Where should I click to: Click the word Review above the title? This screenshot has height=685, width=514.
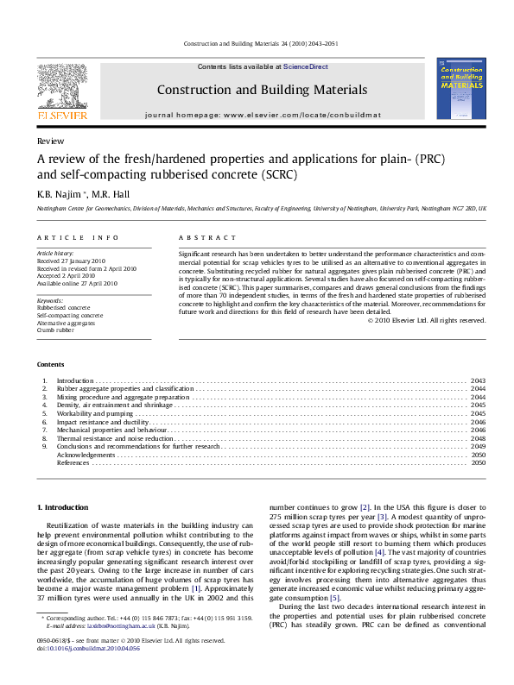48,140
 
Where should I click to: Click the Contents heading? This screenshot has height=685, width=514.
51,366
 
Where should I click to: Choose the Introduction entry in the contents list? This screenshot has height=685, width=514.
74,380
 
